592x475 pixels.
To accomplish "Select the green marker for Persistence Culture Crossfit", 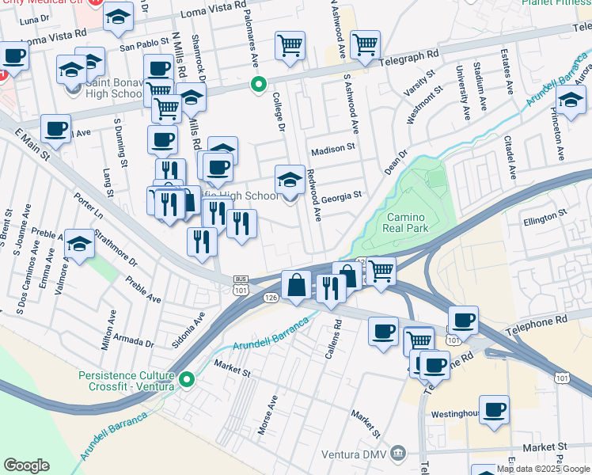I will (188, 380).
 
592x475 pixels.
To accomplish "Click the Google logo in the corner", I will (26, 465).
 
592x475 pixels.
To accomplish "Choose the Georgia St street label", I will (341, 194).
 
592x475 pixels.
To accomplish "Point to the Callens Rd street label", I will (337, 335).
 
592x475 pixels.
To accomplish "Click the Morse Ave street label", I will (268, 415).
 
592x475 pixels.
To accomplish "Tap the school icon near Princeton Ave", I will (571, 101).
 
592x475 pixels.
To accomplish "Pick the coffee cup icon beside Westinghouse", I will (495, 410).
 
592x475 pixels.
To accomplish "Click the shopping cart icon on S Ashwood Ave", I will (365, 45).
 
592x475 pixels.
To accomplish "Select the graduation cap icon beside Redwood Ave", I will (290, 180).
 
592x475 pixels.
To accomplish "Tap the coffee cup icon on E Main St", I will (55, 129).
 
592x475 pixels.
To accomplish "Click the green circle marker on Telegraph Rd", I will (257, 83).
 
